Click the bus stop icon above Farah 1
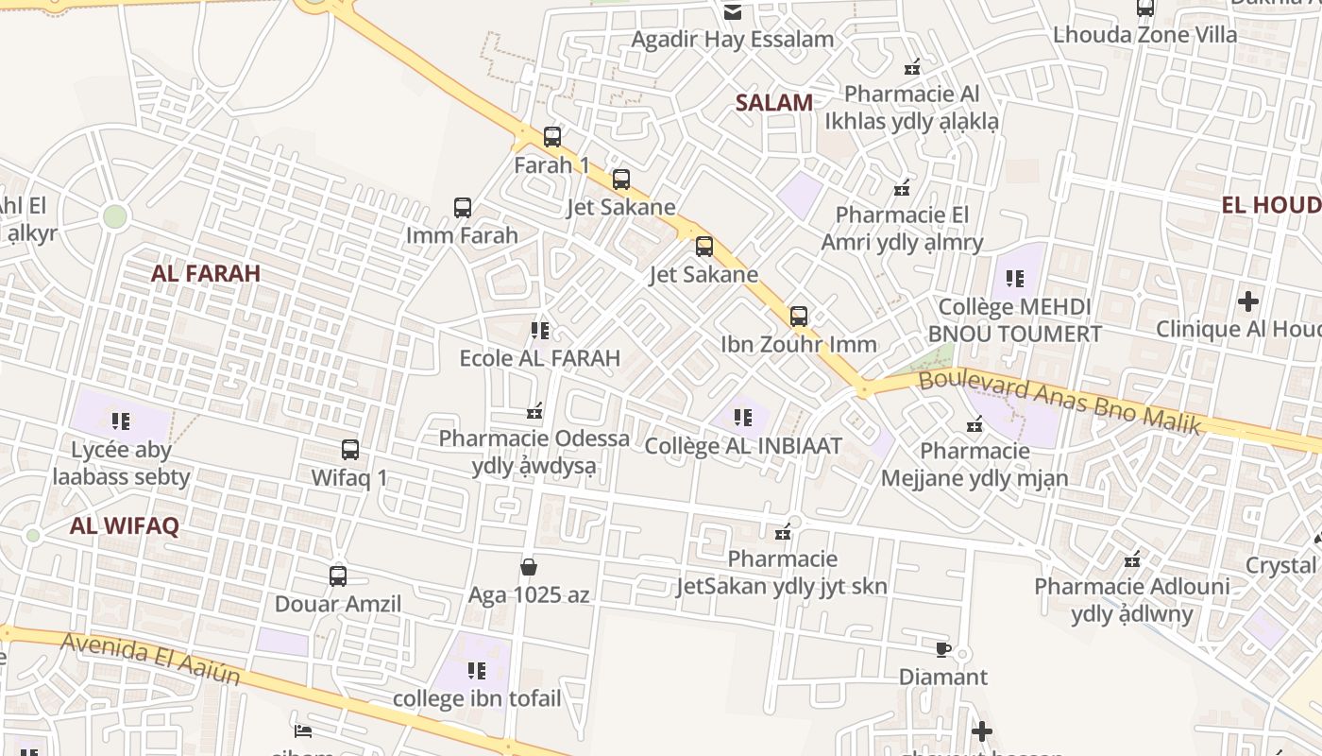552,137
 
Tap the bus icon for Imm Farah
463,208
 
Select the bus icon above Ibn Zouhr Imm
799,317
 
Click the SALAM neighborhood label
773,103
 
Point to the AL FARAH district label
206,274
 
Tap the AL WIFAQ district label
124,526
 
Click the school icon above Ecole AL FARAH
540,331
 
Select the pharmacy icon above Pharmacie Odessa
534,411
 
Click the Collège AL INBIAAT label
743,446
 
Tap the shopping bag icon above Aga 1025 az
529,567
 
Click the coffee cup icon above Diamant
942,649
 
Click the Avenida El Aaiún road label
151,659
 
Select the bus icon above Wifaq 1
350,450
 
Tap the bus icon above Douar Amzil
338,576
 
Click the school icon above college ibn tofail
477,671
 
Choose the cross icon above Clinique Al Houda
1248,301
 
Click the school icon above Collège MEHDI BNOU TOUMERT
1015,279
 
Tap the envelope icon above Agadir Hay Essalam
733,12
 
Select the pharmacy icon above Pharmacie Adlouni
1132,559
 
